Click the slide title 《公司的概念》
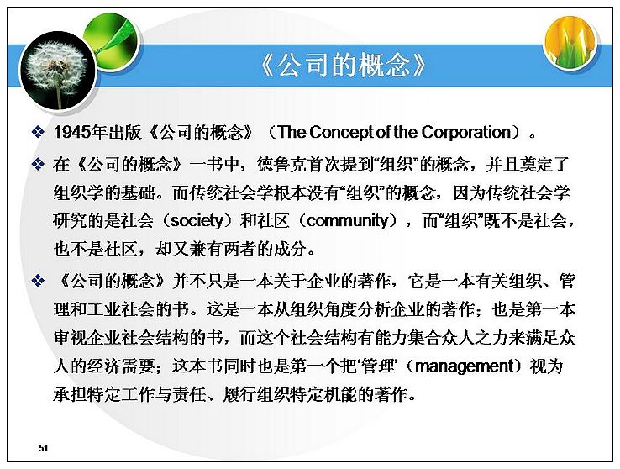[x=344, y=66]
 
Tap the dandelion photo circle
[x=58, y=71]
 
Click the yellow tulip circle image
[x=570, y=42]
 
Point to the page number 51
[x=43, y=448]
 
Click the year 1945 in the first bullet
[x=72, y=132]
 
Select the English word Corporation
[x=466, y=132]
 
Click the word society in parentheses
[x=197, y=220]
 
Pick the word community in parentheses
[x=348, y=220]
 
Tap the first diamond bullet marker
[x=38, y=132]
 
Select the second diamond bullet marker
[x=38, y=164]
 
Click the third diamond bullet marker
[x=38, y=281]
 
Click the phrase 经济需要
[x=121, y=366]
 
